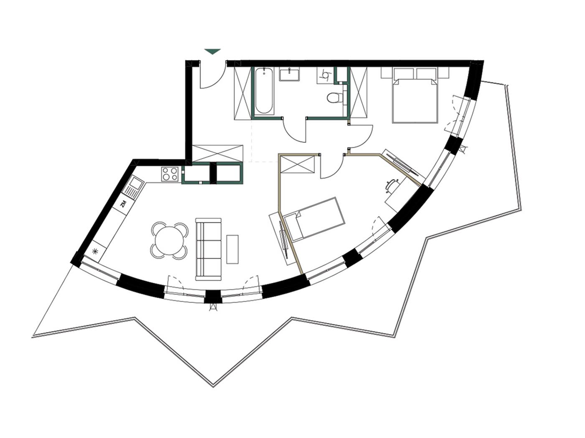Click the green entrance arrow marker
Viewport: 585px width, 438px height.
[x=212, y=51]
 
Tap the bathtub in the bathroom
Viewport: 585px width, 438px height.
[x=264, y=91]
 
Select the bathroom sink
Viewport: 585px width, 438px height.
[x=289, y=74]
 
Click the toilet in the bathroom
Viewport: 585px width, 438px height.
[x=335, y=98]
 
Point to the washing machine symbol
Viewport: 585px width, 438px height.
[x=325, y=75]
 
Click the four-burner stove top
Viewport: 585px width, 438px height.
[x=170, y=174]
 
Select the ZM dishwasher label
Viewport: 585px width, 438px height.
[x=123, y=204]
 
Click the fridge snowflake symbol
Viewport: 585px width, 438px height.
[x=95, y=251]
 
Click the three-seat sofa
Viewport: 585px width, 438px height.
[x=208, y=249]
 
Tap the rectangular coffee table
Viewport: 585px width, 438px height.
[x=232, y=249]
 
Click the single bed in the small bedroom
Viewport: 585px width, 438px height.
[x=315, y=219]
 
